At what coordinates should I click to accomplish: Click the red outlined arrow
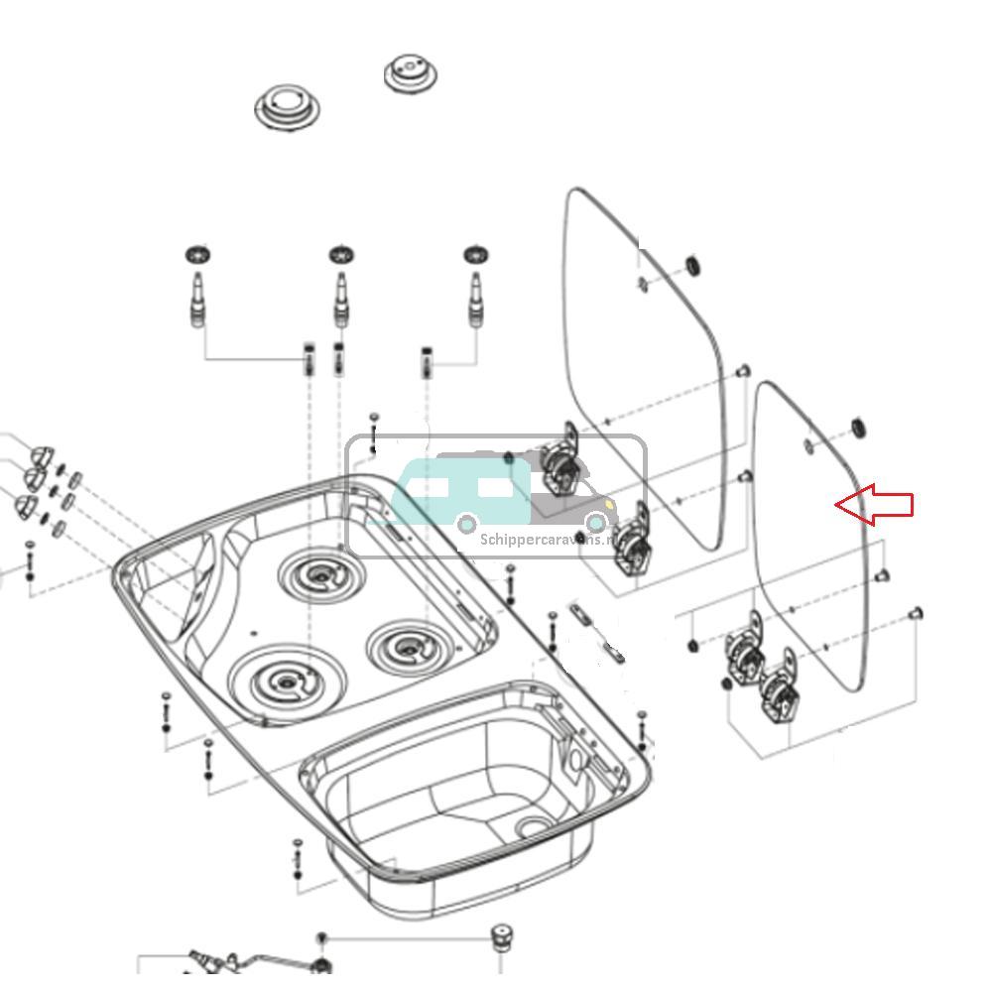(x=874, y=504)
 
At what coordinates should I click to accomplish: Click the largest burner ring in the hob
(x=286, y=681)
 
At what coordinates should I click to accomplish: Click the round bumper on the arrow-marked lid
(x=858, y=429)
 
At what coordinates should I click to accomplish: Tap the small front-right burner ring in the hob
(x=409, y=648)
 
